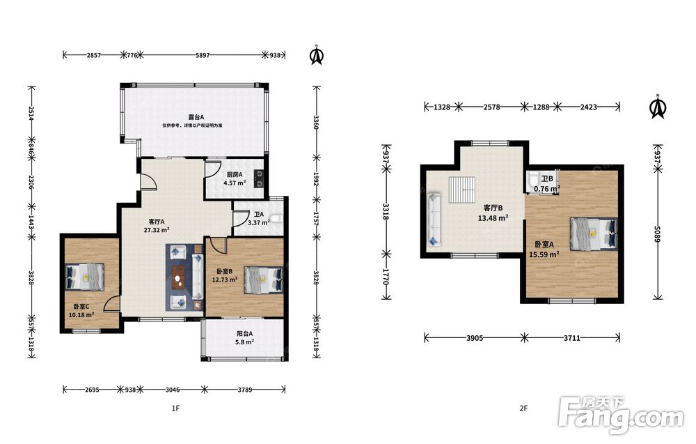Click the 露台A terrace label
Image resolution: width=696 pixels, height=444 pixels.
click(x=196, y=117)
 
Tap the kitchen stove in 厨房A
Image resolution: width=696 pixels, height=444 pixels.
click(x=259, y=178)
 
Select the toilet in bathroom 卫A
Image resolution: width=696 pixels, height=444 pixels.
click(x=276, y=218)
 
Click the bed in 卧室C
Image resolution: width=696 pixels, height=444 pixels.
click(x=85, y=277)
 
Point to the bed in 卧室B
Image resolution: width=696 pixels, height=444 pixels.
click(x=263, y=280)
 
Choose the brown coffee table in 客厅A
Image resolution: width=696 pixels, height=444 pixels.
click(x=179, y=277)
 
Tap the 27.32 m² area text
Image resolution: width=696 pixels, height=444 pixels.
click(x=157, y=230)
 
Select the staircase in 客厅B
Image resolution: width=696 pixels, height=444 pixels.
click(x=462, y=190)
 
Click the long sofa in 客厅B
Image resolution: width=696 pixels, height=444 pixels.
click(x=434, y=219)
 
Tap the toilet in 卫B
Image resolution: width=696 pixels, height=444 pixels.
click(x=533, y=180)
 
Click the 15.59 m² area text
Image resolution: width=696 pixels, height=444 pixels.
click(x=544, y=254)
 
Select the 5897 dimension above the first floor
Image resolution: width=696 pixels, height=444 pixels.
click(x=203, y=55)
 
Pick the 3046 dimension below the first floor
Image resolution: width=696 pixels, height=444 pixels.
click(x=172, y=390)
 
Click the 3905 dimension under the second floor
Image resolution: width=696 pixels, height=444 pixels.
click(x=475, y=338)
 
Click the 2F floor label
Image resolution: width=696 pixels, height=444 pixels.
click(x=524, y=408)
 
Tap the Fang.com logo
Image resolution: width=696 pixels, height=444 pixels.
click(x=622, y=414)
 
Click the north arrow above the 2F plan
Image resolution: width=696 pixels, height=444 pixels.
click(x=658, y=107)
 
